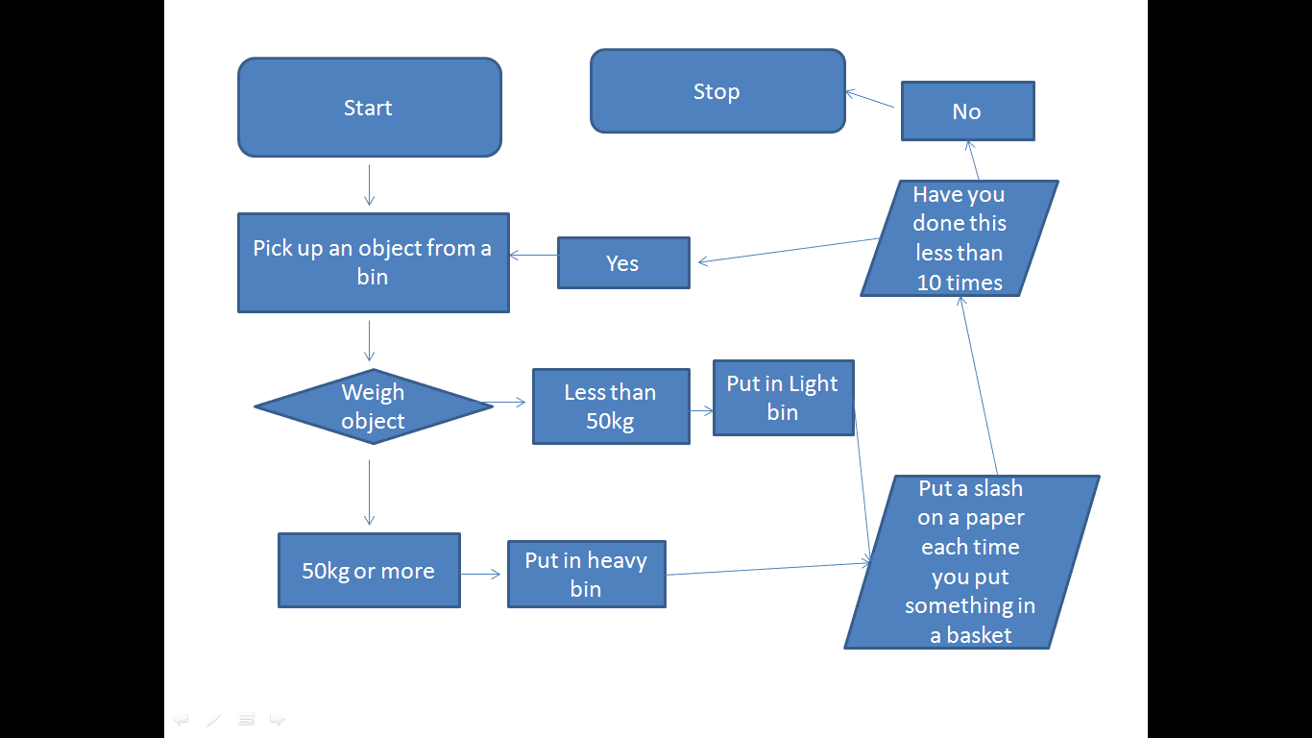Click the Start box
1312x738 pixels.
[369, 108]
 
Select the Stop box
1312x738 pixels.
[717, 91]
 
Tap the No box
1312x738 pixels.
[967, 111]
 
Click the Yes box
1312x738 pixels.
[622, 263]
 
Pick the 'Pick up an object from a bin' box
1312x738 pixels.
[373, 262]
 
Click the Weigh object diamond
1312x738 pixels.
[373, 406]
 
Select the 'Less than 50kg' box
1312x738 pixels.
[610, 406]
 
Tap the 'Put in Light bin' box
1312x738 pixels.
[783, 398]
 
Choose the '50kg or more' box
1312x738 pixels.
[368, 571]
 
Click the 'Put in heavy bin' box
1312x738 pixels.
[586, 574]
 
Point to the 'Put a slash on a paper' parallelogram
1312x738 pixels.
[971, 562]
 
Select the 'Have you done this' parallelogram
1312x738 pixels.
[959, 238]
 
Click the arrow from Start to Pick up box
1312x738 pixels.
[369, 184]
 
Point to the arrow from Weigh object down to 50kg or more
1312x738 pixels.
[369, 492]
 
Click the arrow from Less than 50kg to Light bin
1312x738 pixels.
[701, 410]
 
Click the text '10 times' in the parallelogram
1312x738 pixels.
[959, 283]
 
